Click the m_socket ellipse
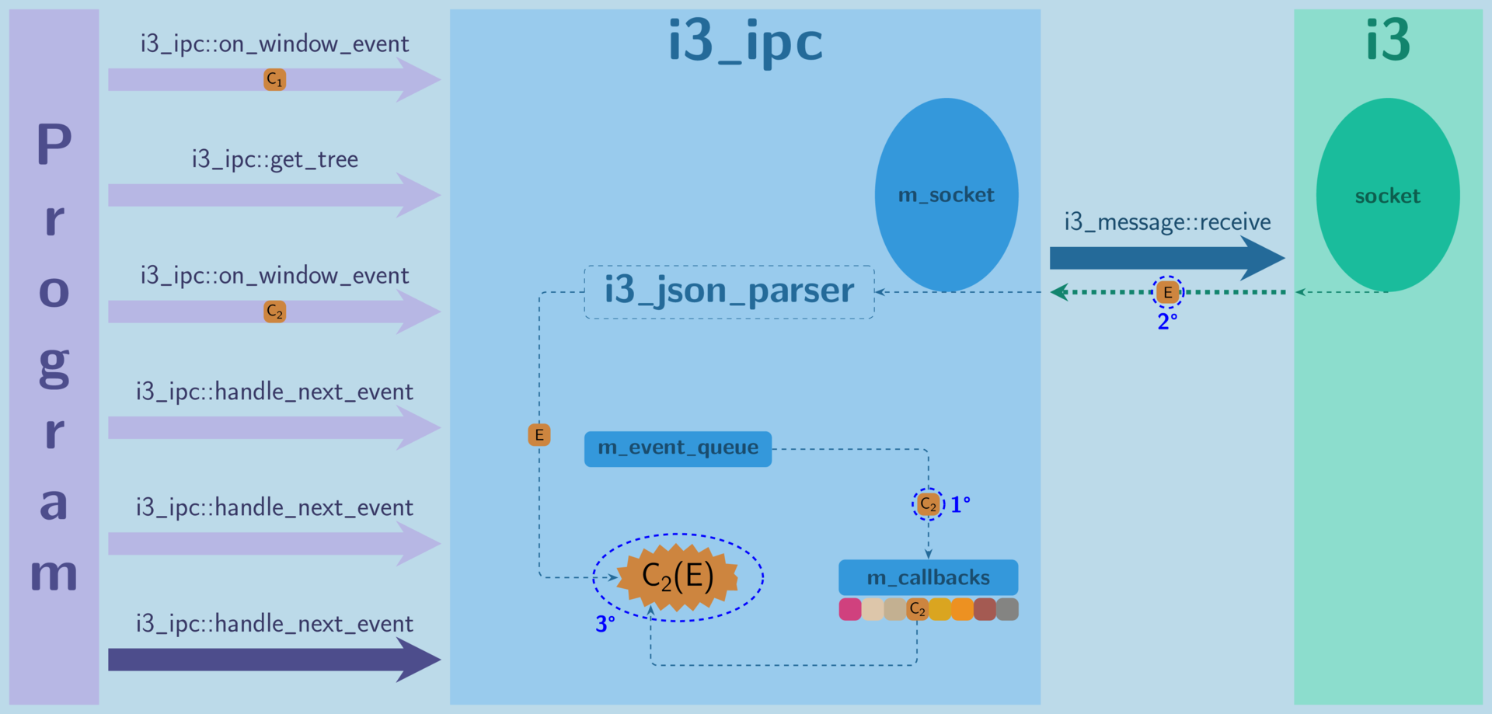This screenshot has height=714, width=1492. tap(946, 194)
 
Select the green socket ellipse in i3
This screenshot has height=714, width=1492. tap(1387, 195)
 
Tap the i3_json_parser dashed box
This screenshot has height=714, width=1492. tap(729, 291)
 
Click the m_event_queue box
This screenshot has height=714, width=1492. tap(678, 448)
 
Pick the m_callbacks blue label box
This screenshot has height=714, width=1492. tap(928, 577)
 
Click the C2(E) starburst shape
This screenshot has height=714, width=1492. tap(678, 576)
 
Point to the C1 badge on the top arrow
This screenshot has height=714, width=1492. tap(274, 79)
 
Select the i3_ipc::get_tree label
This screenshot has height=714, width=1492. tap(274, 159)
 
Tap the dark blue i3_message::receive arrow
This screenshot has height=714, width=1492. tap(1166, 258)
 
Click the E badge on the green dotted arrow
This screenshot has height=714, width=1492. tap(1167, 292)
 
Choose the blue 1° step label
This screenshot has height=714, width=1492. tap(960, 505)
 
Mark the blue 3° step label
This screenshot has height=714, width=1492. tap(605, 624)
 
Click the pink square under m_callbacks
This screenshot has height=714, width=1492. tap(850, 609)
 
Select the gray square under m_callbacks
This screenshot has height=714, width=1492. tap(1007, 609)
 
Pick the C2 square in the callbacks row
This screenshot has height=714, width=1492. tap(918, 609)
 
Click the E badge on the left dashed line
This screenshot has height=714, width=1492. tap(539, 435)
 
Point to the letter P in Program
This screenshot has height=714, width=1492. tap(54, 145)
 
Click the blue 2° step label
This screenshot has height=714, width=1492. tap(1167, 321)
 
